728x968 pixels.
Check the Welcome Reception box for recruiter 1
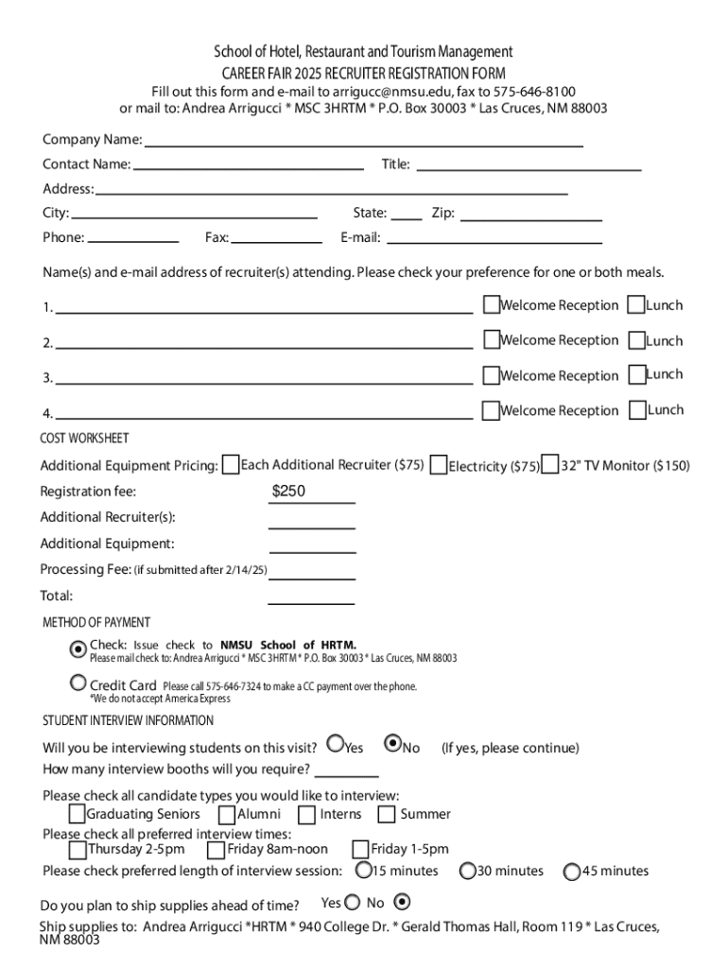491,304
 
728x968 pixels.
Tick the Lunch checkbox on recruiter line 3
637,374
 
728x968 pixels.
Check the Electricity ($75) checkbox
439,465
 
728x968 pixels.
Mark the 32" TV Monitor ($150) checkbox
550,465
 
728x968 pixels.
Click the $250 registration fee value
289,492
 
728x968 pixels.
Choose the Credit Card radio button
78,683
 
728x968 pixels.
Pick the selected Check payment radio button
78,648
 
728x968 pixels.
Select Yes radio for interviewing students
336,744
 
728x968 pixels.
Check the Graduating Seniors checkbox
78,814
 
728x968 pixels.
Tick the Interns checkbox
306,814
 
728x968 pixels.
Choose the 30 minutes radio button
468,871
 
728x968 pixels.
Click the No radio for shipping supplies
402,902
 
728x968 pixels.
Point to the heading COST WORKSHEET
84,439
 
